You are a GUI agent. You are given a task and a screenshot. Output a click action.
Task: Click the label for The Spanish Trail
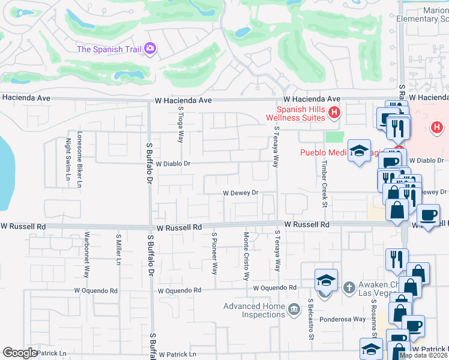pos(109,49)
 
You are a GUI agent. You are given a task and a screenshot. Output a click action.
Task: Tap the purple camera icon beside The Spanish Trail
pos(150,48)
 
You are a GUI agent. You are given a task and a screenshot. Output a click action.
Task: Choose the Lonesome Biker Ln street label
pos(79,162)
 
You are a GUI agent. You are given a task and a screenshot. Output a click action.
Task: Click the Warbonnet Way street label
pos(87,254)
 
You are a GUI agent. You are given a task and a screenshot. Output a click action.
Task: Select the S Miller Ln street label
pos(119,249)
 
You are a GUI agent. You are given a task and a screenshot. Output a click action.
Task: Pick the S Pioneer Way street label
pos(214,253)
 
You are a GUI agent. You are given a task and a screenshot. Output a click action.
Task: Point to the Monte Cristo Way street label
pos(246,256)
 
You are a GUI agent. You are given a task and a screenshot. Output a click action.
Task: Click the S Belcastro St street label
pos(311,319)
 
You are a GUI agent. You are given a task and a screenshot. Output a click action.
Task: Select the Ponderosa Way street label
pos(342,319)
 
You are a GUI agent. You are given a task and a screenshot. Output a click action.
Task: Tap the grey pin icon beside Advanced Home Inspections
pos(294,310)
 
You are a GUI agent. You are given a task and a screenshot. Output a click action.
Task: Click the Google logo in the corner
pos(20,353)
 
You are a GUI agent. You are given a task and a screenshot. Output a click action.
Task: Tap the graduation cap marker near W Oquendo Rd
pos(326,280)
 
